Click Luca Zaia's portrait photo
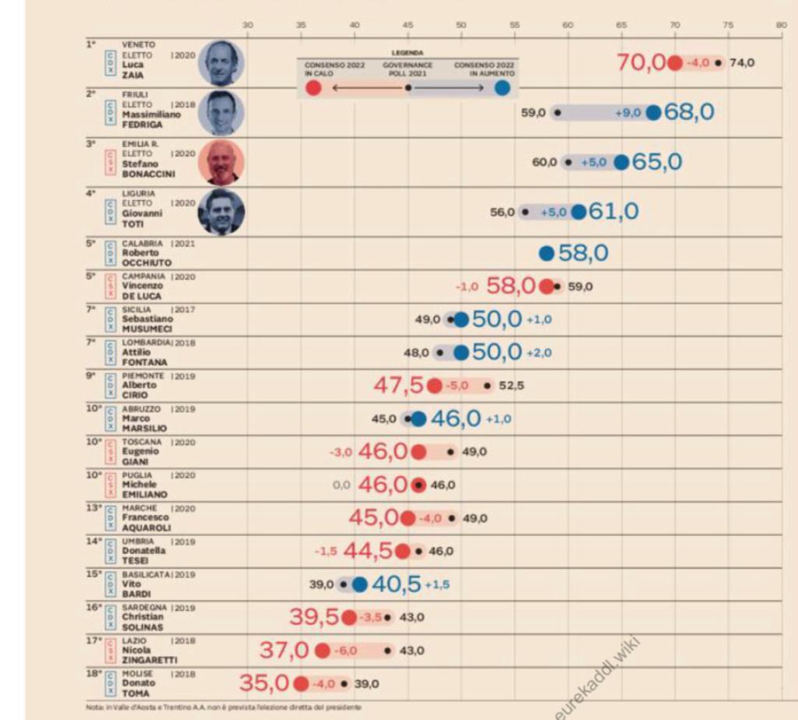click(221, 63)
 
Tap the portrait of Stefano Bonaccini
click(221, 162)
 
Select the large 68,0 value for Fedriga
click(689, 112)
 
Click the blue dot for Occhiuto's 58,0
click(546, 253)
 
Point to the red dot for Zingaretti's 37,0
click(322, 650)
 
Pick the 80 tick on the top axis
click(781, 25)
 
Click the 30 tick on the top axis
click(248, 25)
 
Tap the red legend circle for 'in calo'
click(313, 87)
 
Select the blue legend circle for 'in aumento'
click(503, 87)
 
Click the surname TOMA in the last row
click(136, 693)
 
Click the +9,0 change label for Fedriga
click(627, 113)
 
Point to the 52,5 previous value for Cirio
click(511, 385)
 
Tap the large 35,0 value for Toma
click(264, 683)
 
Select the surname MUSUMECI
click(144, 329)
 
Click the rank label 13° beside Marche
click(94, 507)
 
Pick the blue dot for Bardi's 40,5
click(359, 584)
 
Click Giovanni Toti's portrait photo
click(221, 211)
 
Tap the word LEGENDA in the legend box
click(408, 53)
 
